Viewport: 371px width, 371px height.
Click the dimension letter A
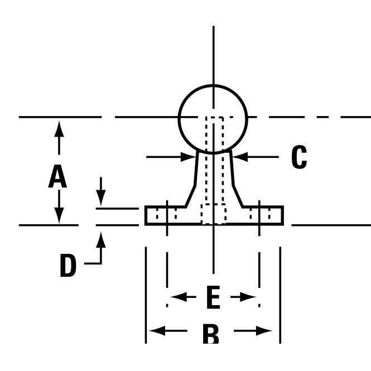click(x=57, y=176)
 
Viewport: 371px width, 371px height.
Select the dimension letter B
click(x=211, y=334)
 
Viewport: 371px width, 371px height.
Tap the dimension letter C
click(x=299, y=157)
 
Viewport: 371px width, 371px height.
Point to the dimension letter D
click(x=68, y=265)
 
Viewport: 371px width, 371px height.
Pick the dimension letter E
click(x=214, y=297)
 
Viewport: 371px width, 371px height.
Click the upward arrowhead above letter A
click(x=59, y=129)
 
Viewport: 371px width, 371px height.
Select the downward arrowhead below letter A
click(x=59, y=215)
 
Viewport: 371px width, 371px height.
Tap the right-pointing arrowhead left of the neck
click(x=189, y=157)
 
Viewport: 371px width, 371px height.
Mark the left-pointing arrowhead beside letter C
click(x=240, y=157)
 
